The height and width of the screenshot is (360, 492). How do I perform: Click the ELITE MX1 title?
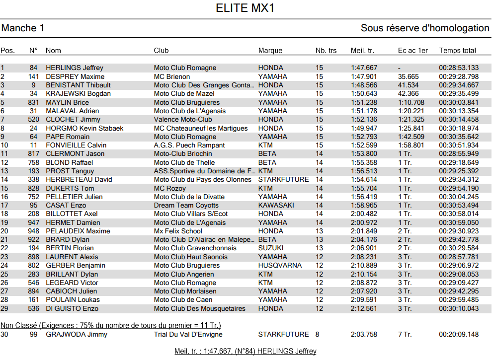click(x=246, y=8)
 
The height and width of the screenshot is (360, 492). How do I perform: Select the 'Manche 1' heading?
click(x=23, y=28)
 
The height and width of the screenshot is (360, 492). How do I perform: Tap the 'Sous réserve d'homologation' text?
click(x=425, y=28)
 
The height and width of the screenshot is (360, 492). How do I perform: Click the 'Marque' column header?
click(x=270, y=50)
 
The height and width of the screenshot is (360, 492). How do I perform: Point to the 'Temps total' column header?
click(x=457, y=50)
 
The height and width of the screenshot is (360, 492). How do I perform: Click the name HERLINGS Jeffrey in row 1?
click(x=75, y=68)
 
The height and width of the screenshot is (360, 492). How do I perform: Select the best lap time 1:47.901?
click(x=364, y=76)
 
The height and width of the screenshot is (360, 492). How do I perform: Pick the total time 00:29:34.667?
click(x=459, y=85)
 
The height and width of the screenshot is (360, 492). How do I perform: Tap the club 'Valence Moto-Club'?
click(x=183, y=119)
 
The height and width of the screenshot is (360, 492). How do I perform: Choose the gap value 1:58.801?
click(x=411, y=145)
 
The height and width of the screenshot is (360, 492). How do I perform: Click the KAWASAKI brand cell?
click(x=276, y=205)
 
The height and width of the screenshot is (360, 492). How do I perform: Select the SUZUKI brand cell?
click(x=271, y=248)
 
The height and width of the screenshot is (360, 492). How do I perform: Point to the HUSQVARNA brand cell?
click(x=280, y=265)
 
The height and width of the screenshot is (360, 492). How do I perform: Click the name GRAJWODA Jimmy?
click(x=70, y=334)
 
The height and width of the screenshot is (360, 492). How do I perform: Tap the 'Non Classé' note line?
click(x=111, y=325)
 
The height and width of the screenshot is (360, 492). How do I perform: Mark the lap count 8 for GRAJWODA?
click(x=317, y=334)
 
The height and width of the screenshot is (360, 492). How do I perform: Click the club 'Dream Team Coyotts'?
click(x=186, y=205)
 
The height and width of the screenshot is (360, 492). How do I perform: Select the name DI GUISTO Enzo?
click(x=72, y=308)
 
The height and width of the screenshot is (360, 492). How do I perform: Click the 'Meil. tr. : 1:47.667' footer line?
click(x=246, y=351)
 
